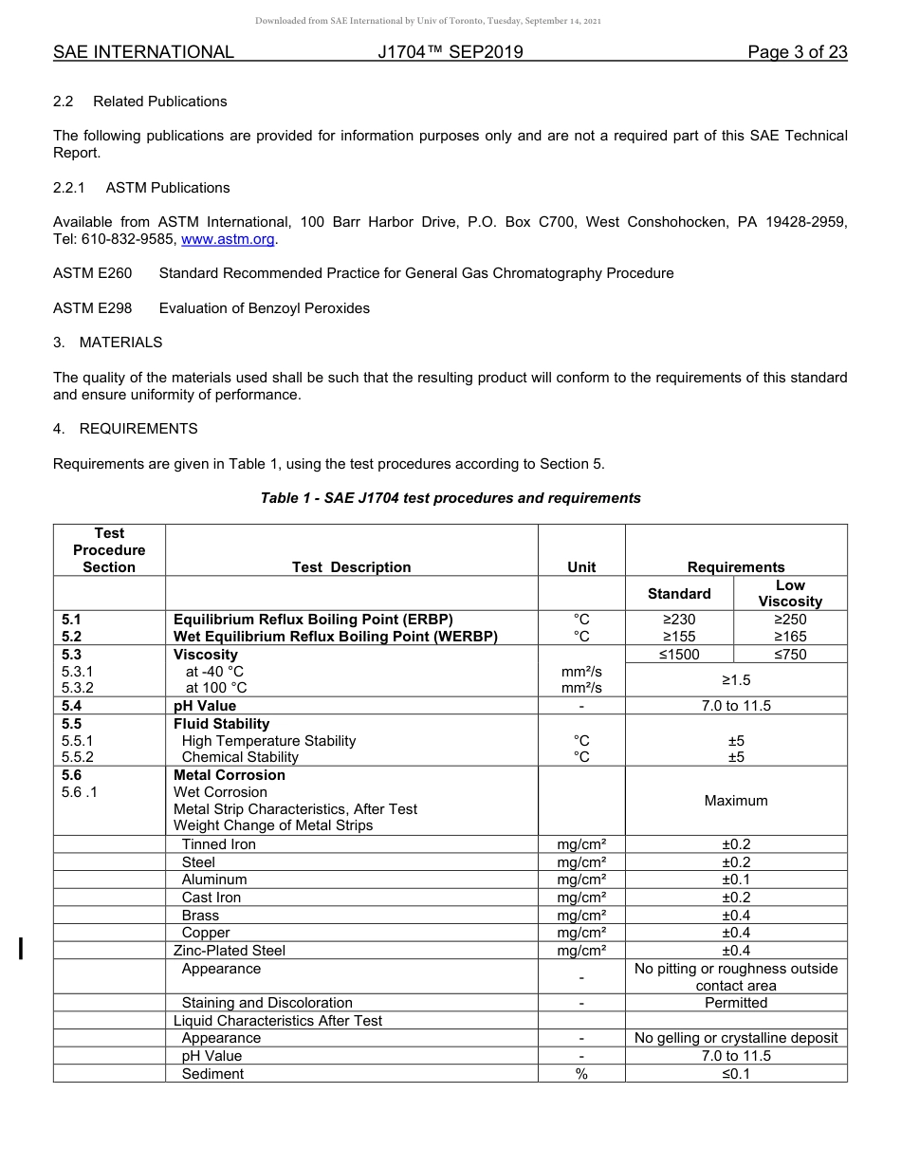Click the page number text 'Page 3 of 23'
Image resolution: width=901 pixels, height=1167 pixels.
coord(797,52)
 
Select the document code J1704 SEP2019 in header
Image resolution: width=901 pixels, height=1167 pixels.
coord(450,52)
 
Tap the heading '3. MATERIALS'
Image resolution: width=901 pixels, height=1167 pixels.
coord(107,342)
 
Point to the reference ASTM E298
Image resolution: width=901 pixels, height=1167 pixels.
coord(92,307)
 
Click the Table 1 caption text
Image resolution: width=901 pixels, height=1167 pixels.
coord(450,497)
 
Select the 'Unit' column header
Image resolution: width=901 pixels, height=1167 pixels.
coord(581,566)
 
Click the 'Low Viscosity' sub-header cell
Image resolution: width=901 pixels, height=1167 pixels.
coord(790,593)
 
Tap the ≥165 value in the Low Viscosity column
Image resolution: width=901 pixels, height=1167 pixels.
coord(790,637)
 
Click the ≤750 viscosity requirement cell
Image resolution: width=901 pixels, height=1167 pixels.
coord(790,654)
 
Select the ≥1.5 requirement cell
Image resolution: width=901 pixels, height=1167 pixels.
coord(736,679)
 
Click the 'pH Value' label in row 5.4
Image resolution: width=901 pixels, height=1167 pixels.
coord(205,705)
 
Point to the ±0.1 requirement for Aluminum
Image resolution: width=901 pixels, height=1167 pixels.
coord(736,879)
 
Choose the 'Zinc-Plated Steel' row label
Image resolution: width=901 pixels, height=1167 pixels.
coord(230,950)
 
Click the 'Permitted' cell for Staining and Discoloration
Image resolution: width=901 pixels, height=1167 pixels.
coord(736,1002)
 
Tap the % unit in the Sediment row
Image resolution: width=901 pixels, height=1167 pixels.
coord(581,1073)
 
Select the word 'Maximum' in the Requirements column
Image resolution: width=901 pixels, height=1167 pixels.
coord(736,800)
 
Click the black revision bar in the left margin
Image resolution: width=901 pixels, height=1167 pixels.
coord(21,948)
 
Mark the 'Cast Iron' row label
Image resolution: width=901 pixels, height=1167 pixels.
coord(211,897)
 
